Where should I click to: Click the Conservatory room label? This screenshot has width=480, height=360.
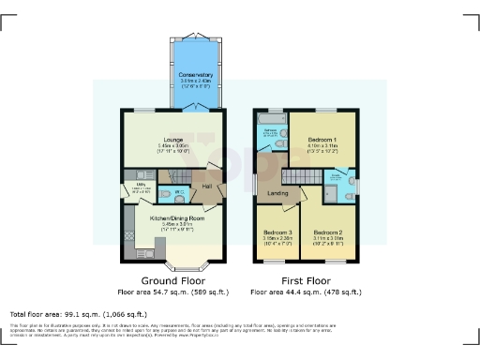point(196,74)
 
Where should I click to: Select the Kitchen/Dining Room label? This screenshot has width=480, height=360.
point(171,218)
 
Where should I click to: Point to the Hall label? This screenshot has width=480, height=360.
point(207,187)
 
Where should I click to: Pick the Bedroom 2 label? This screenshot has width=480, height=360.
point(327,232)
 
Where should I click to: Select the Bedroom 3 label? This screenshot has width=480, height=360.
point(277,232)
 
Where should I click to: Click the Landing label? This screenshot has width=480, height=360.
point(277,194)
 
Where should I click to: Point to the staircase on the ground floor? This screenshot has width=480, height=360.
point(175,176)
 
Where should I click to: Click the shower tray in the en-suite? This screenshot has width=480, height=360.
point(332,193)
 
